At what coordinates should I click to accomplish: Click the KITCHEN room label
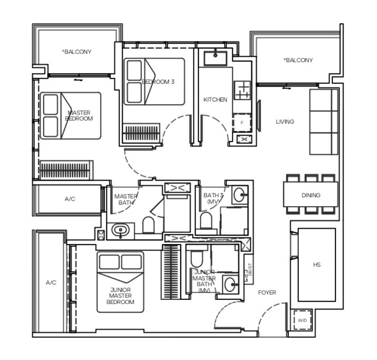[215, 100]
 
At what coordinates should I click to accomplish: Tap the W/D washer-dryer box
[303, 320]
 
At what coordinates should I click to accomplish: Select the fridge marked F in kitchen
[242, 123]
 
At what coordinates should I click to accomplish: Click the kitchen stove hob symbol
[242, 90]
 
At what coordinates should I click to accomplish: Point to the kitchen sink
[215, 58]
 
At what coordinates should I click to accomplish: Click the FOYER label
[267, 293]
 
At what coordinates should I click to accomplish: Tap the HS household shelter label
[317, 265]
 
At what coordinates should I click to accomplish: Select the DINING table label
[311, 195]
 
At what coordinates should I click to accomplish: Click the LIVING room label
[285, 122]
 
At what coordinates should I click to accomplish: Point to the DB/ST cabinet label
[250, 270]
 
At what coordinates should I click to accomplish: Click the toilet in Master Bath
[149, 225]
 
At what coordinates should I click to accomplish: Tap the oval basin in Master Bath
[120, 230]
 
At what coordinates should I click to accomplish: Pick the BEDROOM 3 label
[158, 82]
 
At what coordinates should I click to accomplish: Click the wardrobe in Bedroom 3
[141, 132]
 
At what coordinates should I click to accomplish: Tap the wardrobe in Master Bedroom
[67, 170]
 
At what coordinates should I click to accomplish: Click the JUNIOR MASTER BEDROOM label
[120, 296]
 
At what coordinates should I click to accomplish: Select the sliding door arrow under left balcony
[78, 80]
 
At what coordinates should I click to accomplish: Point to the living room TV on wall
[259, 116]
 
